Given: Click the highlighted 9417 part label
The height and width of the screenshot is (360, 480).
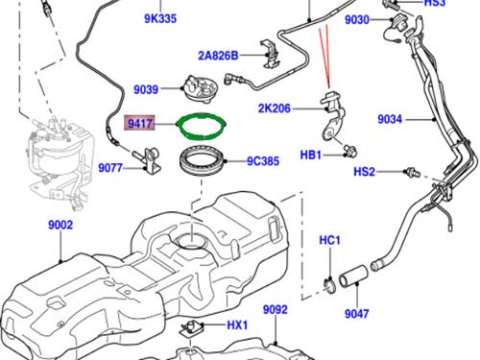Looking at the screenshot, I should [x=141, y=123].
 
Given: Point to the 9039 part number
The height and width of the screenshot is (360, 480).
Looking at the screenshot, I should [x=146, y=89].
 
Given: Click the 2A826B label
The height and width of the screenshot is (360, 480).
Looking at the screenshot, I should [x=220, y=54].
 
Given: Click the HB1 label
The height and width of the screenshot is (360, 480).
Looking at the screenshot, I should [x=312, y=154].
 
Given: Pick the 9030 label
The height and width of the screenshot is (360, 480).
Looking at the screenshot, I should [x=357, y=19].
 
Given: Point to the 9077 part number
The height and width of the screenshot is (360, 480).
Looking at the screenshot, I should [x=112, y=166].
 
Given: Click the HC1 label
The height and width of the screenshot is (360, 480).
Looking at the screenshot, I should [x=328, y=238].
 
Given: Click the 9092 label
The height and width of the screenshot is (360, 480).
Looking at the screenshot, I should [x=276, y=309].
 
